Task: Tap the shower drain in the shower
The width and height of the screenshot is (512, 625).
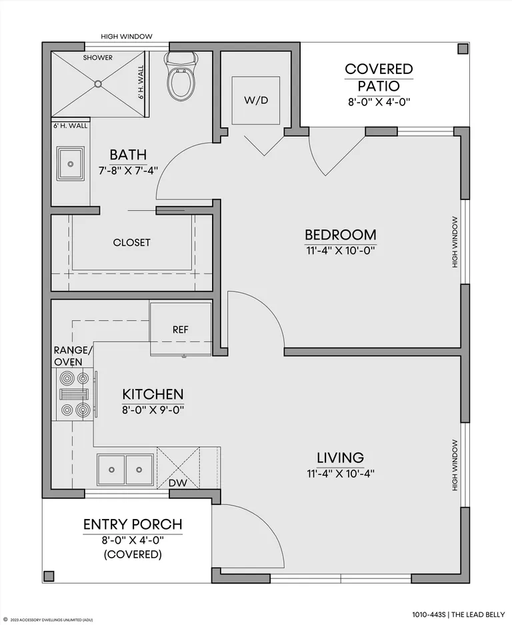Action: (x=98, y=83)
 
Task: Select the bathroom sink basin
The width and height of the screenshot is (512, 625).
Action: (x=71, y=164)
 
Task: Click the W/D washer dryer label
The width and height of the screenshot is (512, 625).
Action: (x=256, y=100)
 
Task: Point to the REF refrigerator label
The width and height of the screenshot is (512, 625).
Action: (x=181, y=330)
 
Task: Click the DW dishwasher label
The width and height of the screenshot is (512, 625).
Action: (x=178, y=483)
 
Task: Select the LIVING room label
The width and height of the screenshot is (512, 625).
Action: (x=340, y=458)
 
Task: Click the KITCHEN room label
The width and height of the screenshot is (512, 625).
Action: (x=153, y=394)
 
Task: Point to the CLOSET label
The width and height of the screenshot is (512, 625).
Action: (x=131, y=242)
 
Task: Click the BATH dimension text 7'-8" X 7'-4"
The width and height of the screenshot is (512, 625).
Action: (x=128, y=170)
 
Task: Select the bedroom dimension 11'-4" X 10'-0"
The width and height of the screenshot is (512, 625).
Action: (x=341, y=251)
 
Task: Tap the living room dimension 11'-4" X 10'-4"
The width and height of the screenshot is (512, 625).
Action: (x=341, y=474)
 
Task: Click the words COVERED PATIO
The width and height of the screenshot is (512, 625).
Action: (x=379, y=77)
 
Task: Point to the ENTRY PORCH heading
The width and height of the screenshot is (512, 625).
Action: (x=133, y=524)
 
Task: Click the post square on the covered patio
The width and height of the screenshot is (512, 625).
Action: (x=463, y=49)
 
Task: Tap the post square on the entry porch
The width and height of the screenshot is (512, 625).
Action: (x=49, y=576)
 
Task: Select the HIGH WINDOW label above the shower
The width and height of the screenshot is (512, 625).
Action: (x=126, y=36)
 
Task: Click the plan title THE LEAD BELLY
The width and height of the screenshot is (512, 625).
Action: (x=479, y=614)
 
